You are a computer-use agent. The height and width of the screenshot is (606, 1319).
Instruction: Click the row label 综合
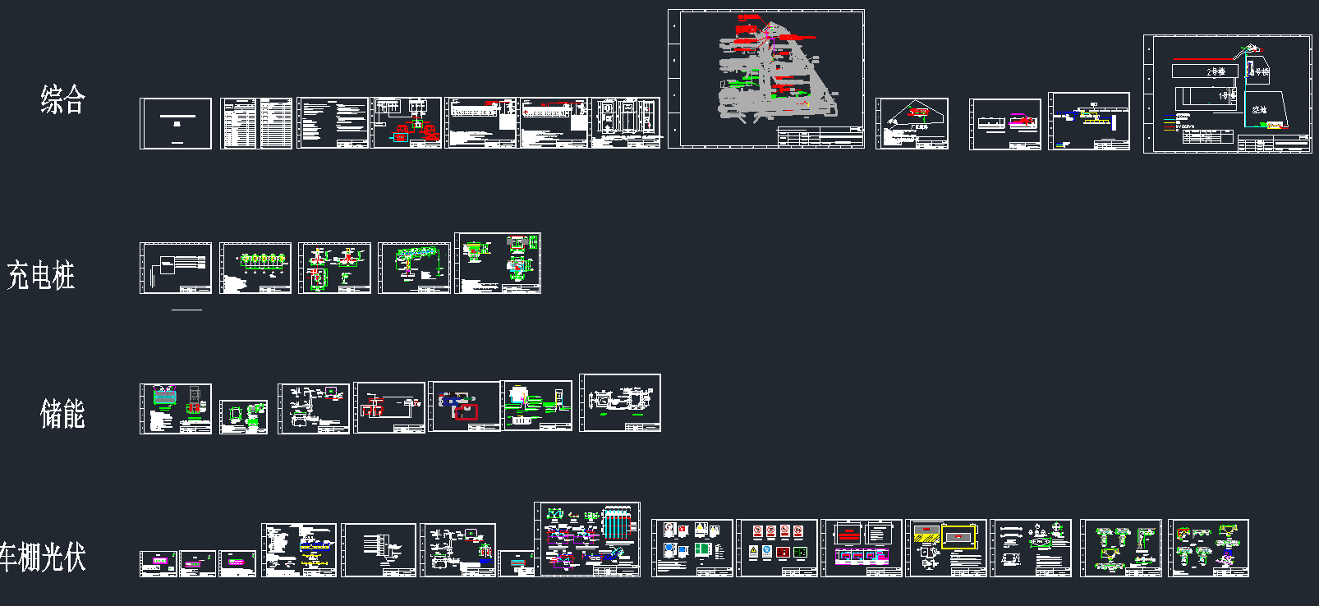[x=63, y=99]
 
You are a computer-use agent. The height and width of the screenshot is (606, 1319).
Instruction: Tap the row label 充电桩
[x=41, y=275]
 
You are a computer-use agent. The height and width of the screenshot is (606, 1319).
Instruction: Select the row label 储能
[x=62, y=414]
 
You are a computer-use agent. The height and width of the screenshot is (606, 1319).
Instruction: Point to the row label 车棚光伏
[x=43, y=557]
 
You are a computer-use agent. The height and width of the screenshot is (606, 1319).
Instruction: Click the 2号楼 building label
[x=1216, y=72]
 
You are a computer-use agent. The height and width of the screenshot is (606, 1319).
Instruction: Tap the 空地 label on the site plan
[x=1259, y=109]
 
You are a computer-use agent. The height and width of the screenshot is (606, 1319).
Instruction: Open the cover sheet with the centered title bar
[x=176, y=123]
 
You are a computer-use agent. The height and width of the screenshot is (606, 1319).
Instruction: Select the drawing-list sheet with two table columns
[x=256, y=123]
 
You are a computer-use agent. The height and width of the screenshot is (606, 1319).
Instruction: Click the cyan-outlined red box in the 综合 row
[x=400, y=136]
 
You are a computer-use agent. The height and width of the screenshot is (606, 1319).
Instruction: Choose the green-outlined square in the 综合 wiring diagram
[x=417, y=124]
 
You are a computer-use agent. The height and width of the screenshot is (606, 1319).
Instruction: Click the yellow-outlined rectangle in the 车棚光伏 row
[x=958, y=538]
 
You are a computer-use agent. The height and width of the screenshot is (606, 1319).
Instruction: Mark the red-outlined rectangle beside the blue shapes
[x=466, y=411]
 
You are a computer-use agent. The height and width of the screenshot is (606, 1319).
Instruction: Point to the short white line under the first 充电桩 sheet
[x=186, y=310]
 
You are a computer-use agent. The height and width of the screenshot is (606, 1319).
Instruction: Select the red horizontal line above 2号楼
[x=1203, y=59]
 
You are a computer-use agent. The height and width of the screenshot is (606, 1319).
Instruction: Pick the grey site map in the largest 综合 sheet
[x=772, y=78]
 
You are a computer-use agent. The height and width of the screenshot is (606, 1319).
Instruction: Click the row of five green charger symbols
[x=262, y=260]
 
